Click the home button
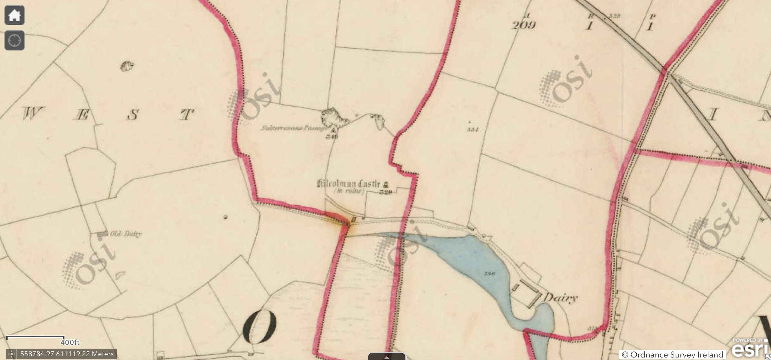(15, 15)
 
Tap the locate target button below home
(15, 40)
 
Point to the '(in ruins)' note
(349, 191)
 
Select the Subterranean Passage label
(293, 128)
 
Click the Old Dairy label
(126, 234)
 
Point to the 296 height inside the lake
(489, 273)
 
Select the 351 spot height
(473, 129)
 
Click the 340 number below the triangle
(332, 136)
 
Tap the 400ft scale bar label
(70, 342)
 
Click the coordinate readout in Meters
(67, 354)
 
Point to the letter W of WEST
(33, 114)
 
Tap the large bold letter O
(259, 327)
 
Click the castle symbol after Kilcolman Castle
(386, 184)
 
